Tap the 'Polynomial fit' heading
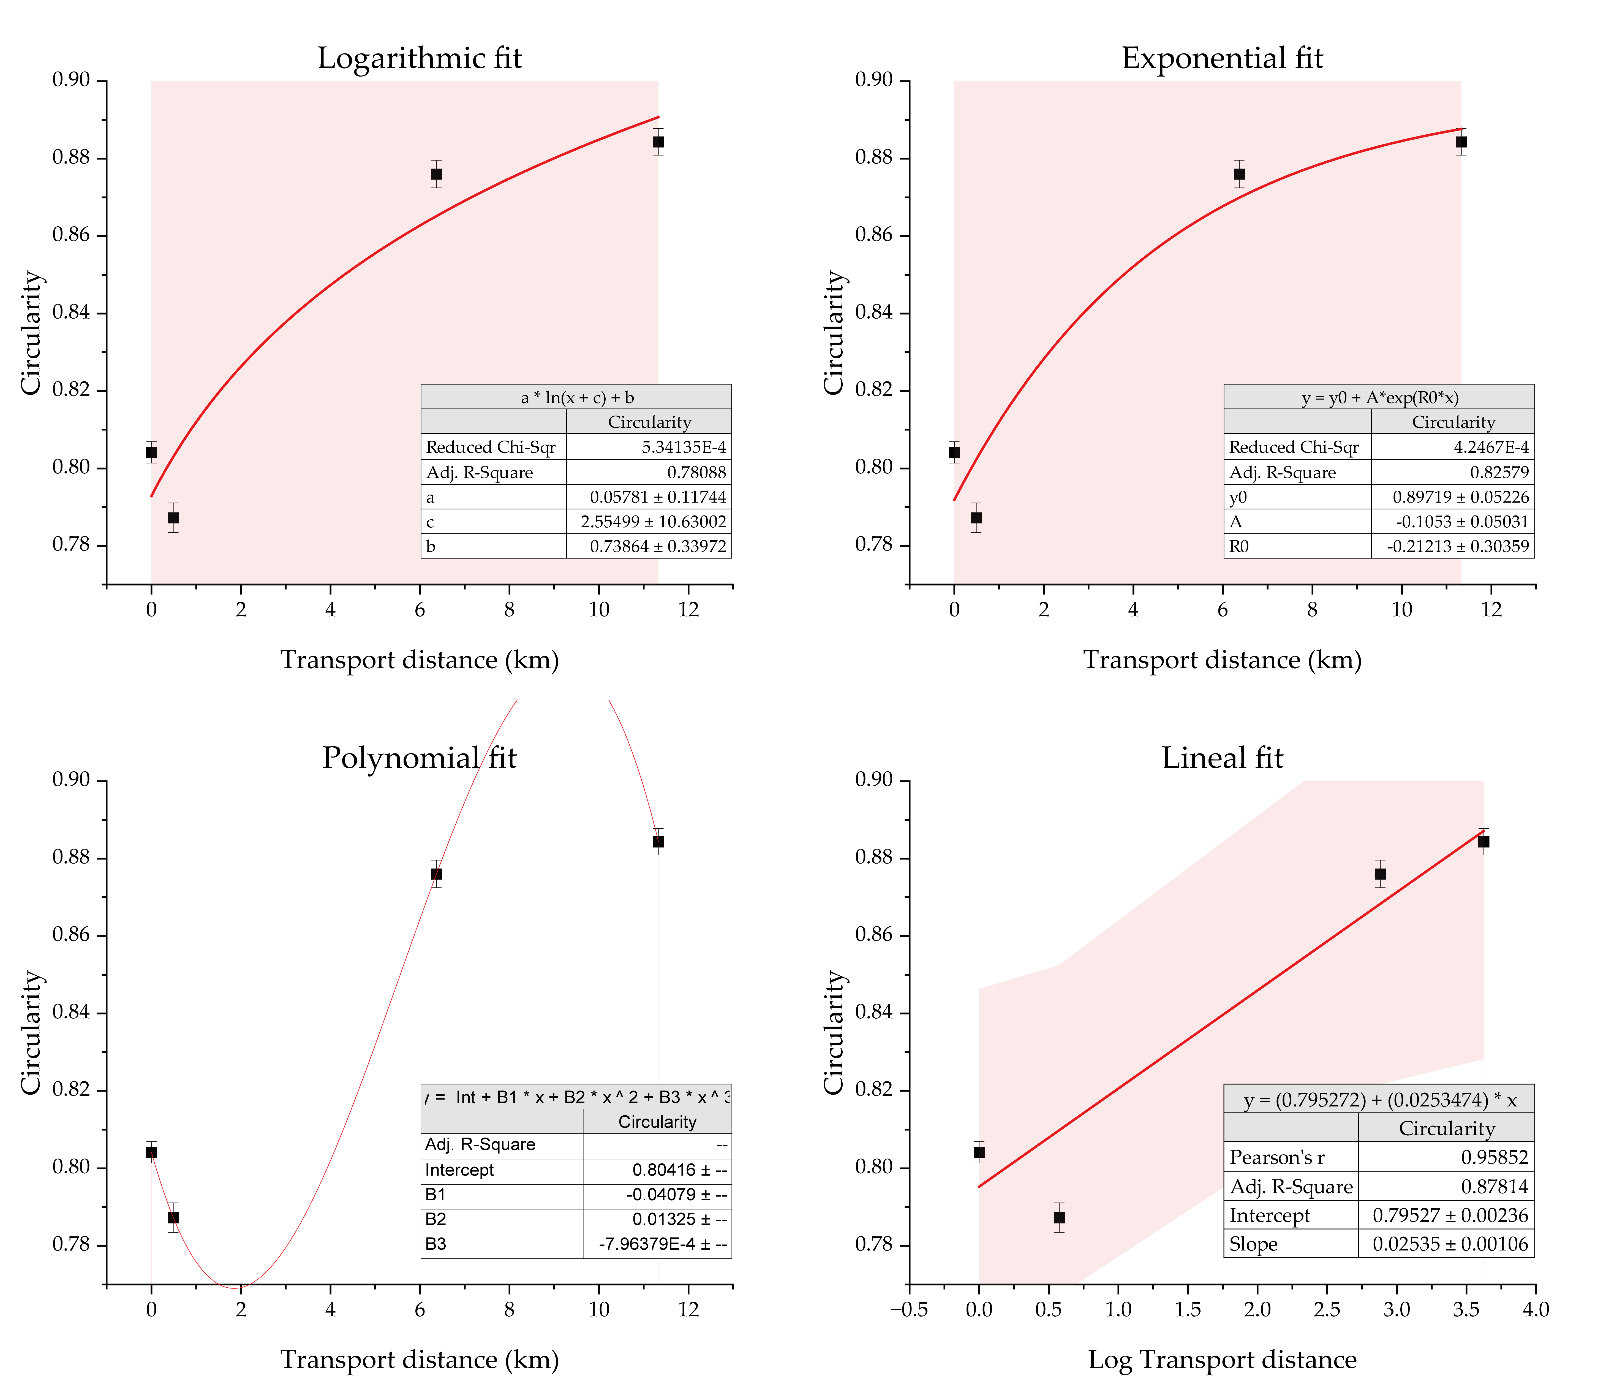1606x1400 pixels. point(420,758)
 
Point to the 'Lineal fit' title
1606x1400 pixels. point(1223,758)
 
